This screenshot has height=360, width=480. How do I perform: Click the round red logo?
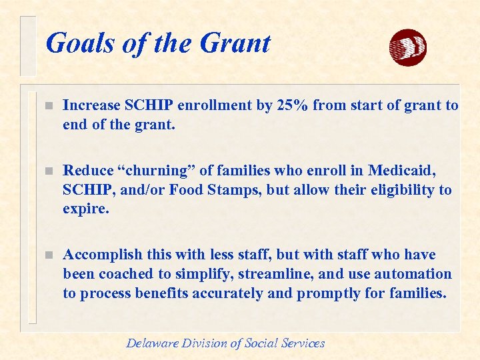pos(407,47)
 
